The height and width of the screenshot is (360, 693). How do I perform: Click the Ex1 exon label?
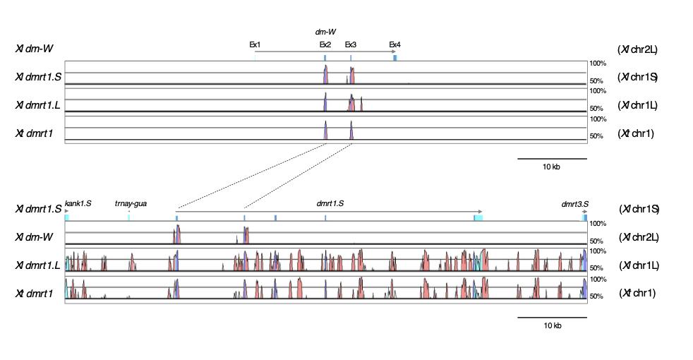click(254, 44)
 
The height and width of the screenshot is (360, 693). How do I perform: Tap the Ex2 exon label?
click(325, 44)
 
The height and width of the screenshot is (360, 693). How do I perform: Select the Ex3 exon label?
click(351, 44)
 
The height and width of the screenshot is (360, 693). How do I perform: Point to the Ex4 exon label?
click(395, 44)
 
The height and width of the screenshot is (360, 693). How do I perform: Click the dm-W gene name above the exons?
click(325, 32)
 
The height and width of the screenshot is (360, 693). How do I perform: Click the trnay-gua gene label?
click(131, 203)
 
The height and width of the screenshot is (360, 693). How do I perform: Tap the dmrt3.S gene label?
click(574, 204)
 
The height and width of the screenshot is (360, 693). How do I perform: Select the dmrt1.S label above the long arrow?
click(330, 203)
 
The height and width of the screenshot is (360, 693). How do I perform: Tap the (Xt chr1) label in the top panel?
click(637, 133)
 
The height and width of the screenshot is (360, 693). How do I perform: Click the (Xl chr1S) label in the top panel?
click(638, 76)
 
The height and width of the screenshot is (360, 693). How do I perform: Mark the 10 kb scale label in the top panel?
click(552, 167)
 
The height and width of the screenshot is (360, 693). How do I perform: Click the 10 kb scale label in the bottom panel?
click(552, 325)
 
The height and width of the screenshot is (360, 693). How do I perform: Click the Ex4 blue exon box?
click(395, 57)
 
